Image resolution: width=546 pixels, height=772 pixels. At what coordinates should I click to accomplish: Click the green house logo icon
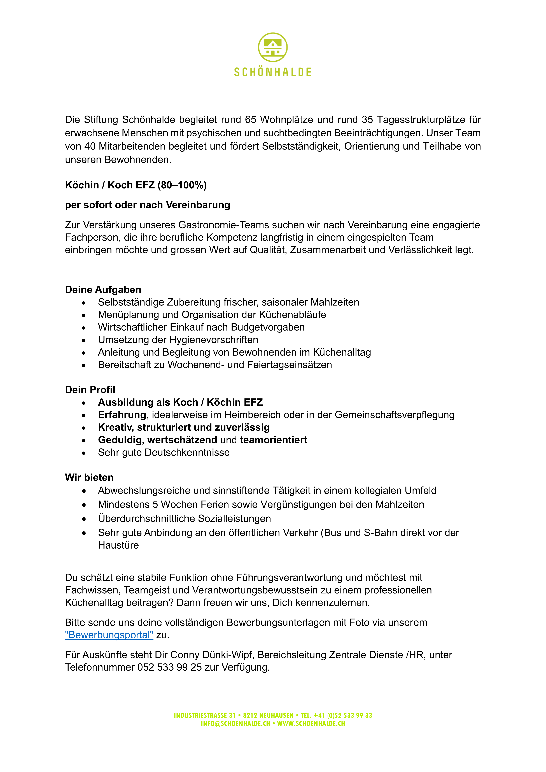pyautogui.click(x=273, y=47)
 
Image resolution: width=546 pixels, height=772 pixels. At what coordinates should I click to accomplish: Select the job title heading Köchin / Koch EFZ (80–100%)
pyautogui.click(x=136, y=185)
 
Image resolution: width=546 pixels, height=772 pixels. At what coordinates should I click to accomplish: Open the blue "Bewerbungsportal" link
pyautogui.click(x=109, y=635)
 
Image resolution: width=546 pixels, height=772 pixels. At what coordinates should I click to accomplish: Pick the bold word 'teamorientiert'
pyautogui.click(x=273, y=440)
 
